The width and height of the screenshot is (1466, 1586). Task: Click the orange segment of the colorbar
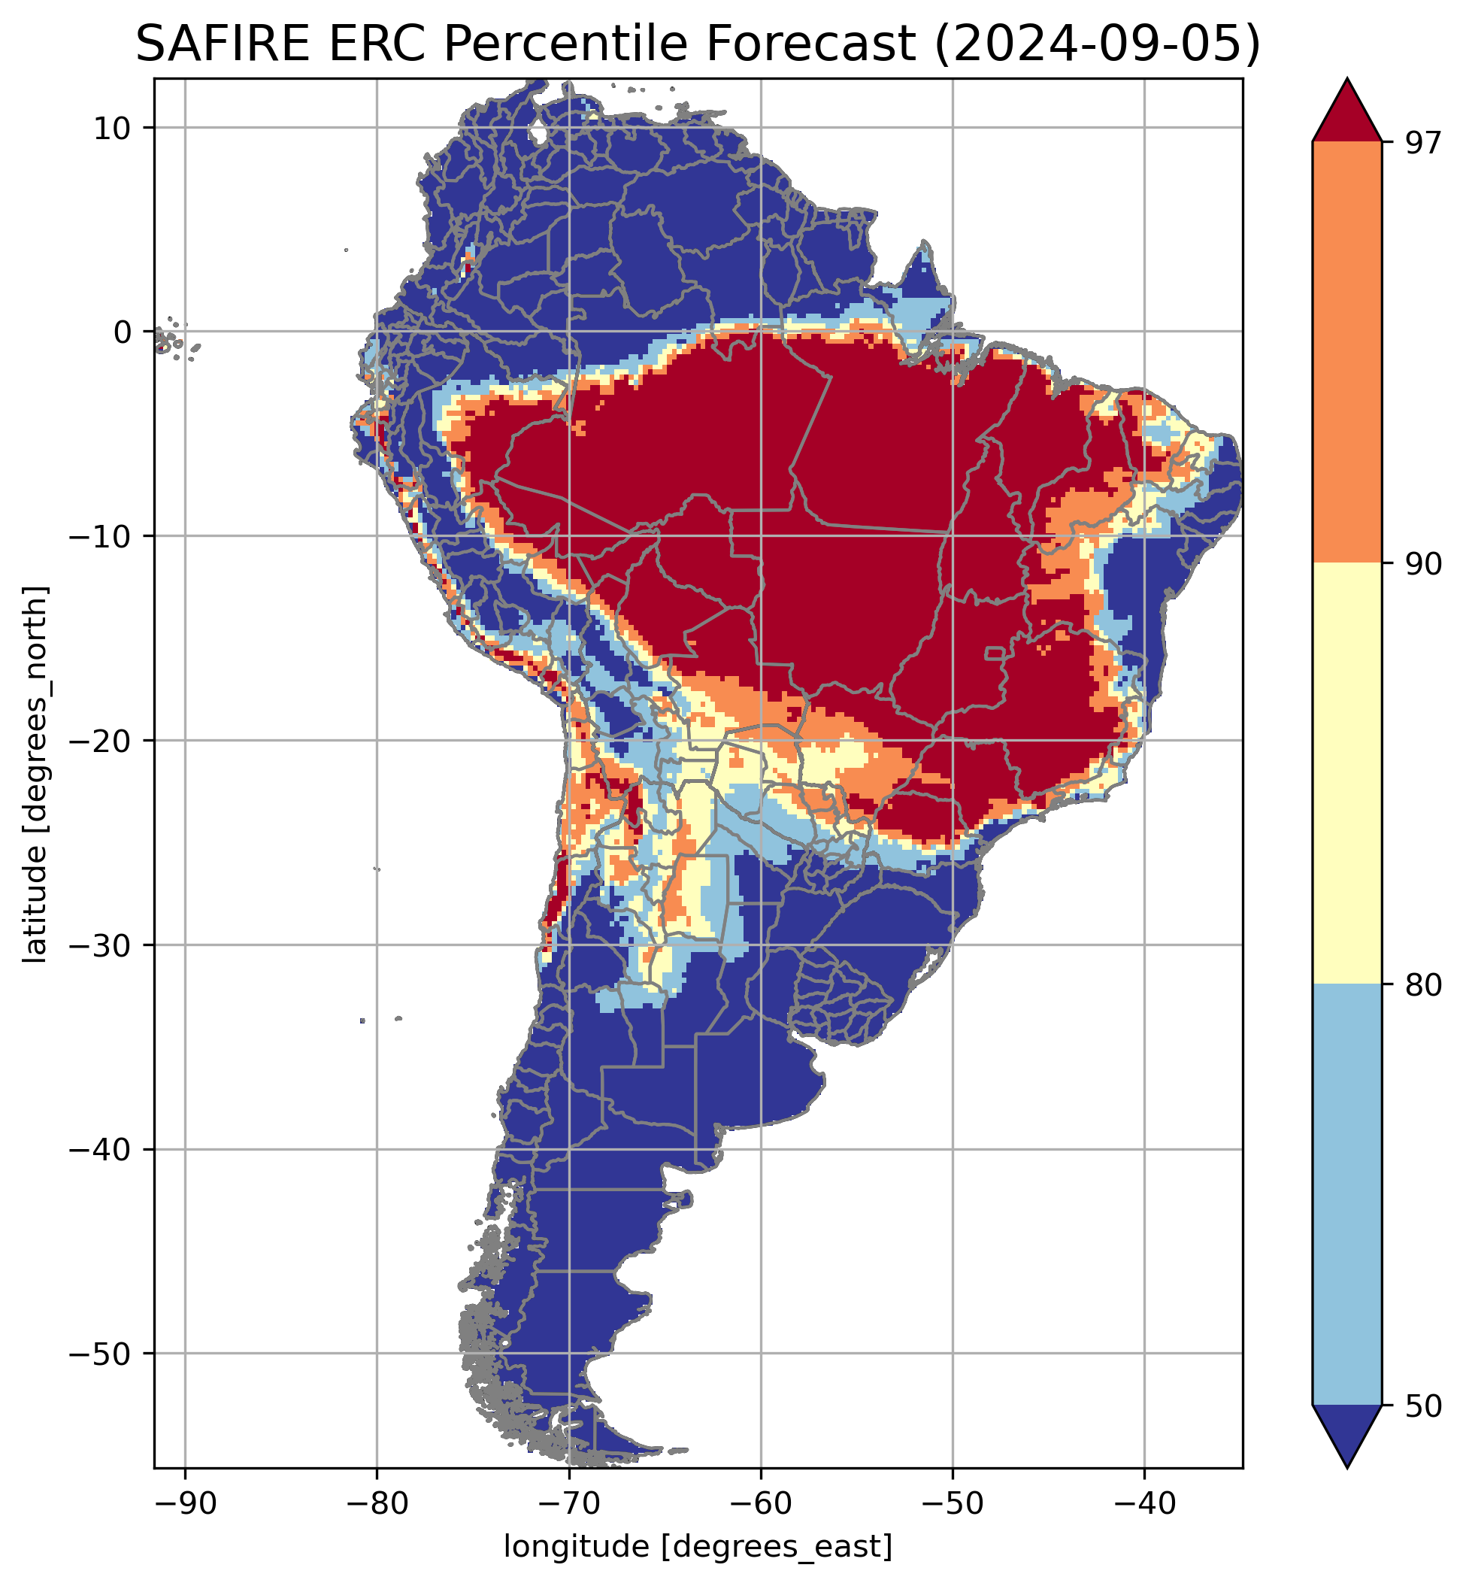[1347, 353]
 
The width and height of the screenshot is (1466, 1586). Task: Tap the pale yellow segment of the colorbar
[1347, 774]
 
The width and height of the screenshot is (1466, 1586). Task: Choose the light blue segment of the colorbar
[1347, 1194]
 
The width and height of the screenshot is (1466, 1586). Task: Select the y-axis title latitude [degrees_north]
[35, 774]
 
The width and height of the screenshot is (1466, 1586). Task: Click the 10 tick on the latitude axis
[113, 128]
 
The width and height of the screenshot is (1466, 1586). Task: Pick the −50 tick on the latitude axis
[101, 1354]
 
